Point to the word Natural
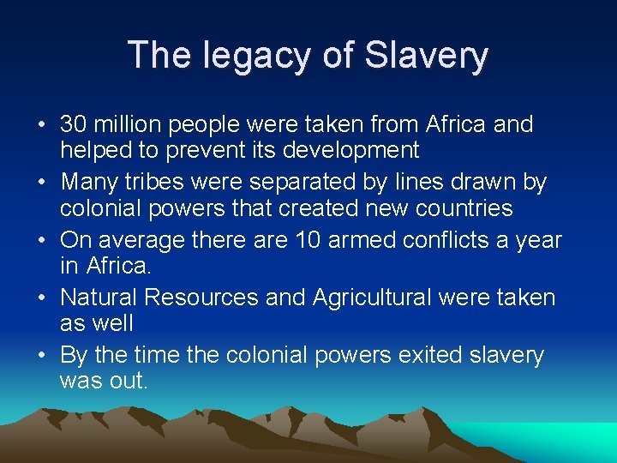click(x=99, y=298)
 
